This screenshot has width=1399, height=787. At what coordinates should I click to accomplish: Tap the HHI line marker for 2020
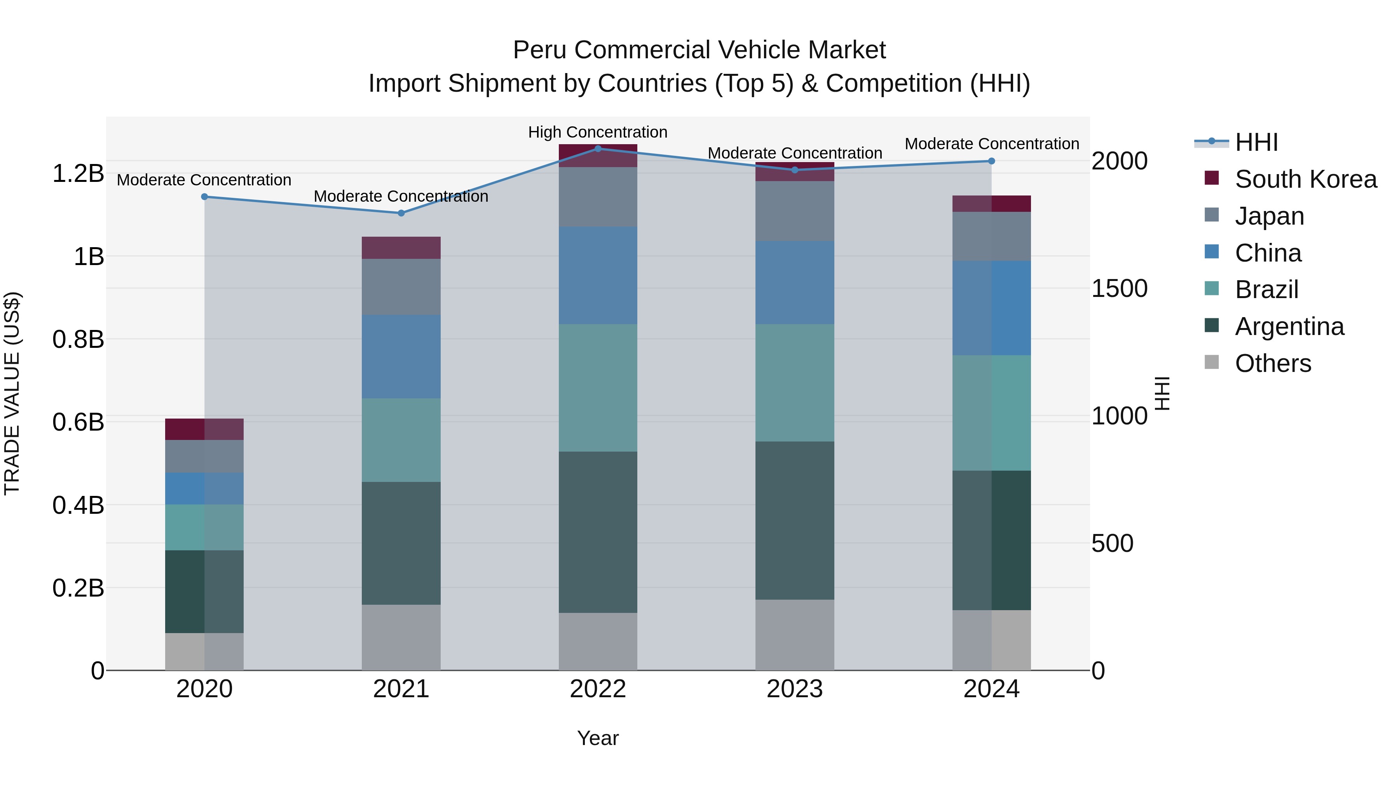tap(204, 197)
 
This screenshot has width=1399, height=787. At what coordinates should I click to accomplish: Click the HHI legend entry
tap(1256, 142)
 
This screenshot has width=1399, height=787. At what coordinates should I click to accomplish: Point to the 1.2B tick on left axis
tap(78, 174)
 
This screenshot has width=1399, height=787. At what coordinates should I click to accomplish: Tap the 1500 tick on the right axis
tap(1119, 288)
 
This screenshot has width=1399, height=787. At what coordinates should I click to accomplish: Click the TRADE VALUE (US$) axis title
tap(12, 393)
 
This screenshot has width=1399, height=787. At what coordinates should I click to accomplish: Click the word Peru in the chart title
tap(540, 50)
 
